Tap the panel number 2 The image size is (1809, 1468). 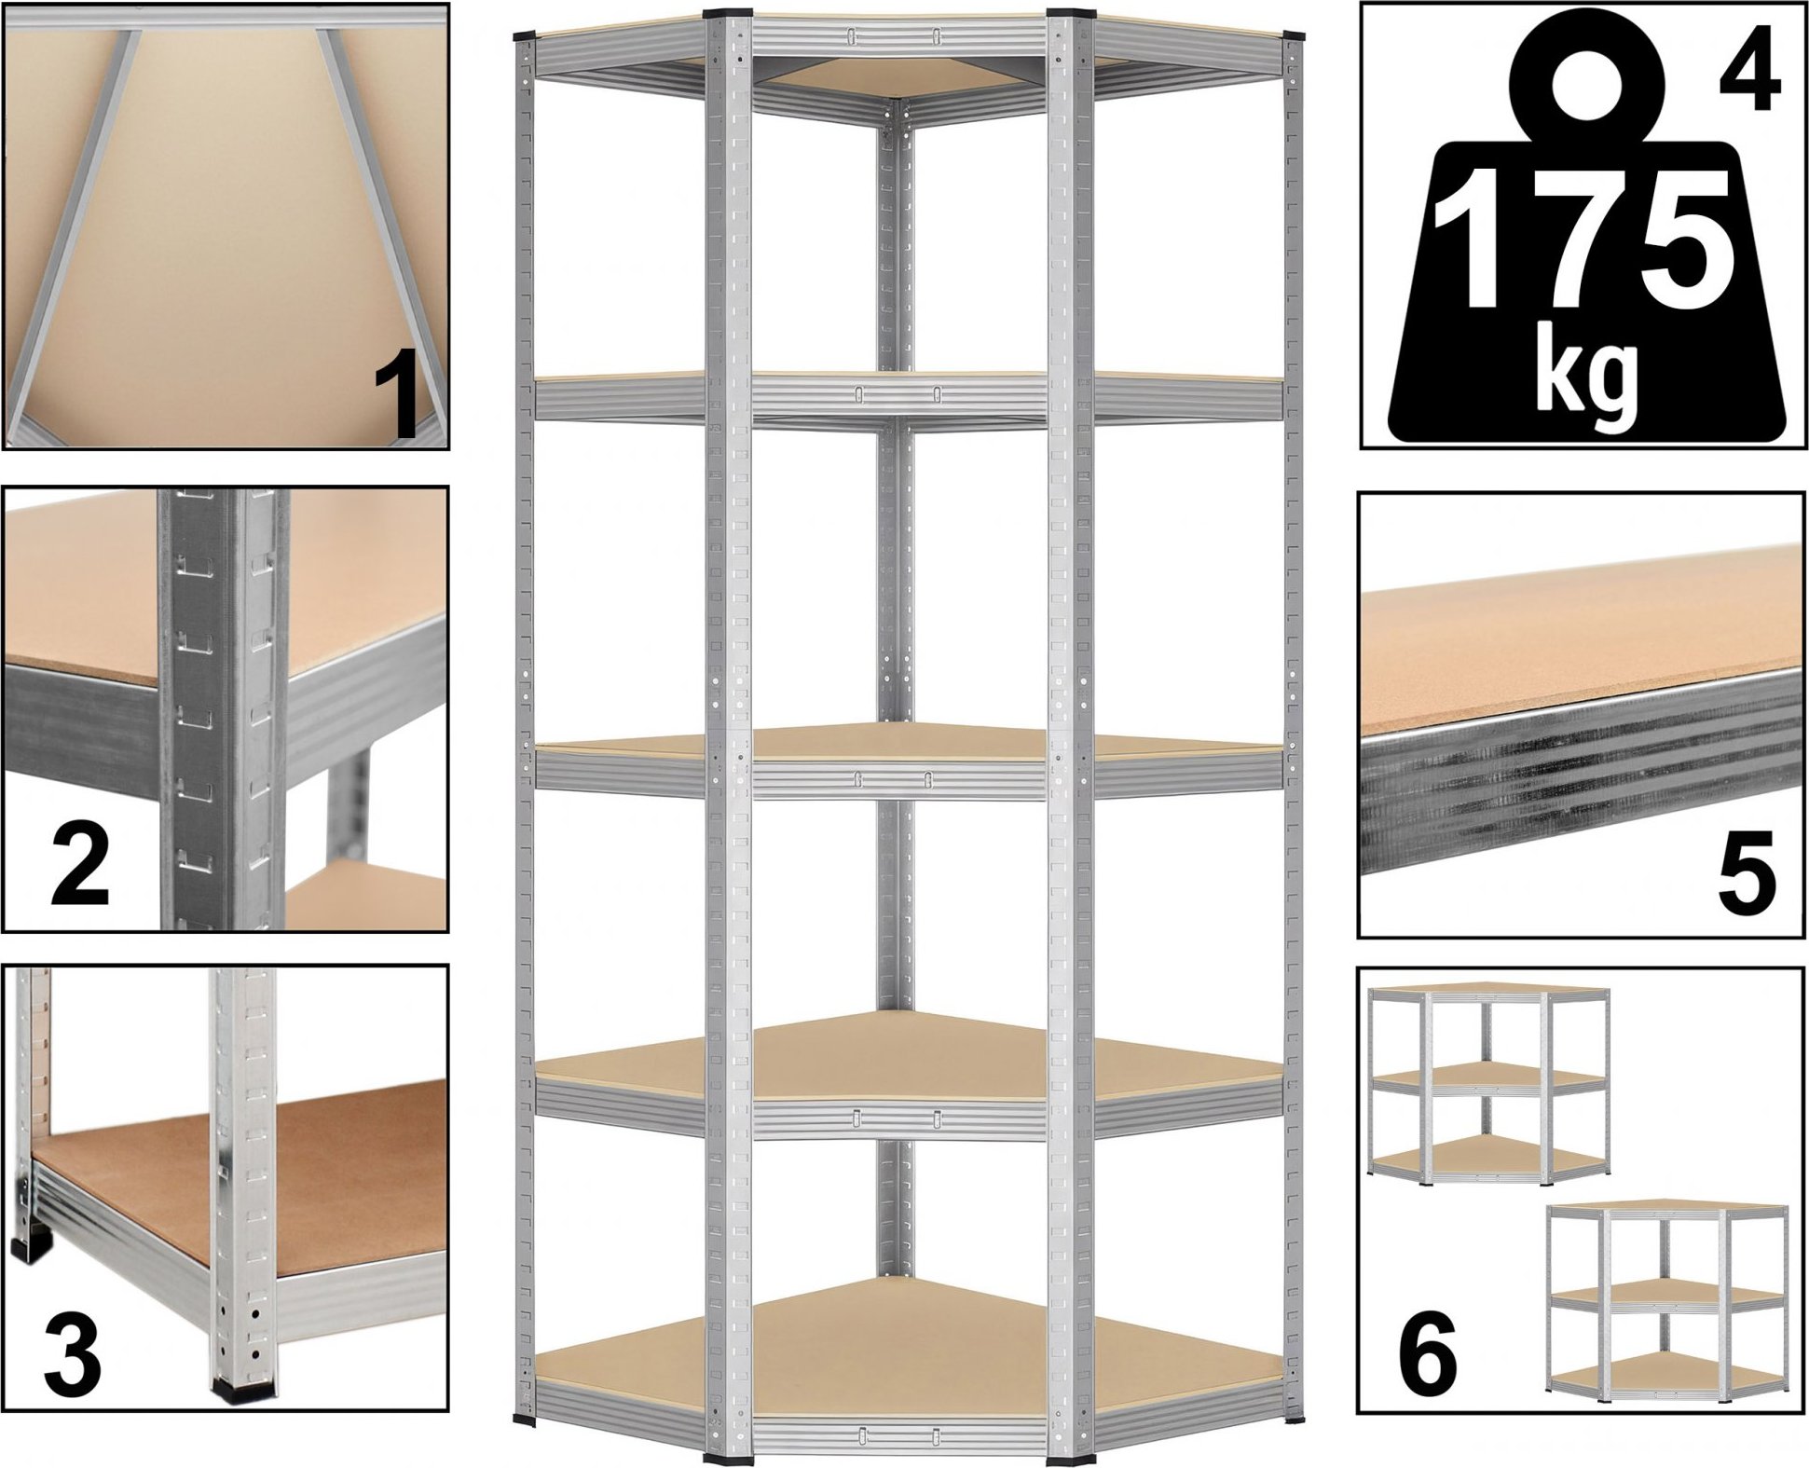tap(81, 867)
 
